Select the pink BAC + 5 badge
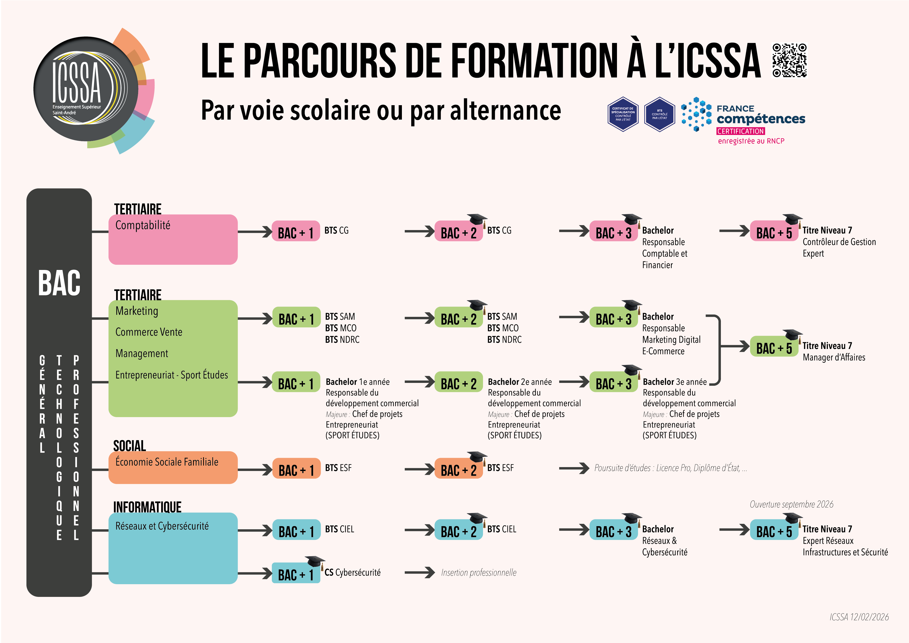[773, 232]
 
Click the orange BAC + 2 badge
[458, 470]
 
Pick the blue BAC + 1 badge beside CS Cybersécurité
[296, 574]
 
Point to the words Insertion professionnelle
[479, 573]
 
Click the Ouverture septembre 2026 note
[791, 504]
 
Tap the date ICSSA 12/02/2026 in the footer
[859, 617]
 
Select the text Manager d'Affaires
[834, 358]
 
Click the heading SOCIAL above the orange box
[130, 446]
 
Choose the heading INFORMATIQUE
[147, 507]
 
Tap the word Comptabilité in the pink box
[143, 225]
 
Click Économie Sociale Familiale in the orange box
[167, 462]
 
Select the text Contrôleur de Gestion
[839, 242]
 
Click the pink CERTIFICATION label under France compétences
[740, 131]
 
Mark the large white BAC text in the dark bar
[59, 283]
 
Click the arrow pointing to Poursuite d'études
[574, 468]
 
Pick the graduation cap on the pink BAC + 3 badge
[632, 219]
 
